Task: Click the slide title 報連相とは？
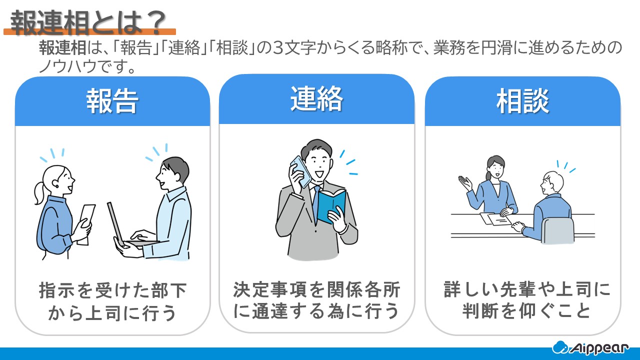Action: tap(88, 22)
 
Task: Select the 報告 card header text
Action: tap(112, 101)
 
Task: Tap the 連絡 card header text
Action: tap(316, 99)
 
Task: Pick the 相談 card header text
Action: tap(522, 101)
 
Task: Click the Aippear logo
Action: tap(590, 347)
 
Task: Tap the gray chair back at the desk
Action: tap(557, 230)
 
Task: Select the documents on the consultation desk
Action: tap(495, 218)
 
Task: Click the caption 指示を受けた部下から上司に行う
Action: tap(112, 301)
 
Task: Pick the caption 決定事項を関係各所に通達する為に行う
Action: tap(316, 300)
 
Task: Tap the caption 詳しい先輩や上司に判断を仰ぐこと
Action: tap(527, 300)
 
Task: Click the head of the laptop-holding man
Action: tap(173, 172)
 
